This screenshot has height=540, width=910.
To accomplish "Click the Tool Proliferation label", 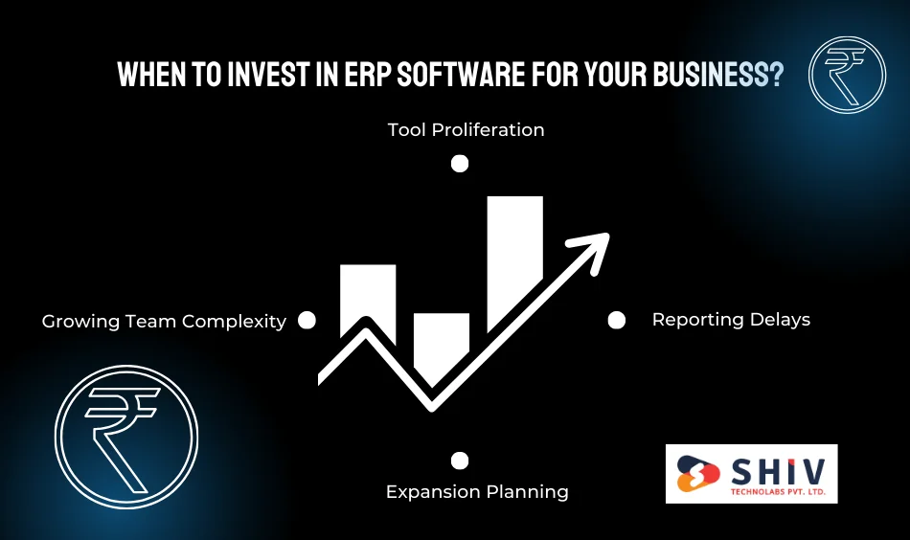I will (x=466, y=129).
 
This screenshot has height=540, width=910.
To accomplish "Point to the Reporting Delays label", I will (x=731, y=320).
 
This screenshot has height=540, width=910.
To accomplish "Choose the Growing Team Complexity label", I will (x=164, y=322).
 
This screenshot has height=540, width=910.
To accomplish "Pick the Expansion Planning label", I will (x=477, y=492).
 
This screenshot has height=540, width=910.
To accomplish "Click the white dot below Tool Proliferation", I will (x=460, y=164).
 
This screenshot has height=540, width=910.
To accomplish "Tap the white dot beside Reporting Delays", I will (x=617, y=320).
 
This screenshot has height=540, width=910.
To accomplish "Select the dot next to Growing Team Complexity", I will (x=307, y=321).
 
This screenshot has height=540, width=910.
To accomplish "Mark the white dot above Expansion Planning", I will (x=460, y=461).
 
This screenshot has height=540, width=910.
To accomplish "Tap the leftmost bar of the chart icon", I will (x=368, y=292).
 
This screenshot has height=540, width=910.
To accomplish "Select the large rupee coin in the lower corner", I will (x=125, y=437).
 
